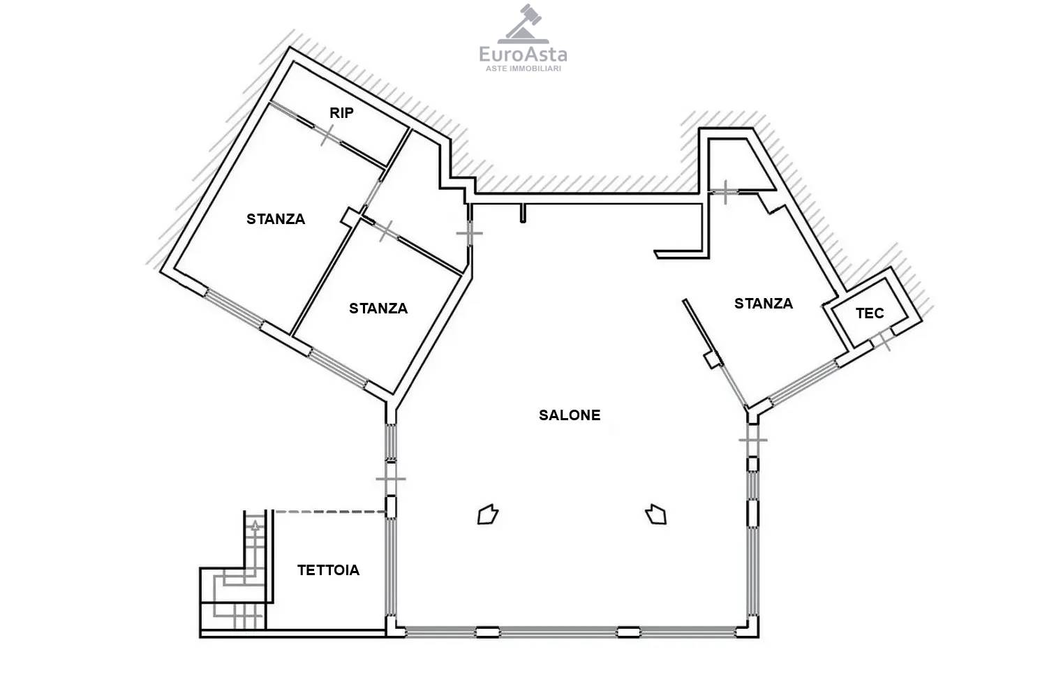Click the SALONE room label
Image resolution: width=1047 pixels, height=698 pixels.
pos(570,415)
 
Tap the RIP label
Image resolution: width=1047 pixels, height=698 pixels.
pos(342,112)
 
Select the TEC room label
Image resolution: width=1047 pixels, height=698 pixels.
pos(870,313)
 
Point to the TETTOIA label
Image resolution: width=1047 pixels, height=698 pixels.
pos(329,570)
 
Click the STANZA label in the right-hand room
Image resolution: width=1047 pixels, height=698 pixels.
pos(764,304)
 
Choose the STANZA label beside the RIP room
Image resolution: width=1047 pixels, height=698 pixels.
pos(276,219)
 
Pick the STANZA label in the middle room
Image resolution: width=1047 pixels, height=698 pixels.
pos(378,309)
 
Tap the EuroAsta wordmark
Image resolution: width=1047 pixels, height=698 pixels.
pos(523,54)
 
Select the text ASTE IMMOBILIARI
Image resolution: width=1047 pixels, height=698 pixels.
pos(523,68)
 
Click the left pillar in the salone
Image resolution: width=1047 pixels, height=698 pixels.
pos(488,514)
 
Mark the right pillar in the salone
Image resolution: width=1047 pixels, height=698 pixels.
pos(656,514)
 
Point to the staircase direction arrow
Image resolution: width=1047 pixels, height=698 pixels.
pos(255,526)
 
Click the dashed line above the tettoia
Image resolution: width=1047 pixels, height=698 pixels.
pos(329,512)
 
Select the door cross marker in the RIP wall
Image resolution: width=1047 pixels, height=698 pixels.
pos(327,135)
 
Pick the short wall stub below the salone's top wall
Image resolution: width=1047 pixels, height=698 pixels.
pos(523,213)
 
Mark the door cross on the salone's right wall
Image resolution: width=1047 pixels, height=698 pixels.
pos(753,440)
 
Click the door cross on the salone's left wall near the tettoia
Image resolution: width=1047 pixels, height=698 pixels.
pos(391,479)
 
